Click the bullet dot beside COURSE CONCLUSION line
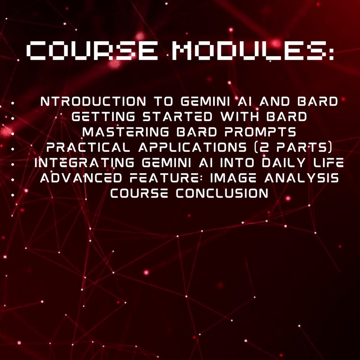[13, 194]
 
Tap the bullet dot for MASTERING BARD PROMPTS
[13, 133]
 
